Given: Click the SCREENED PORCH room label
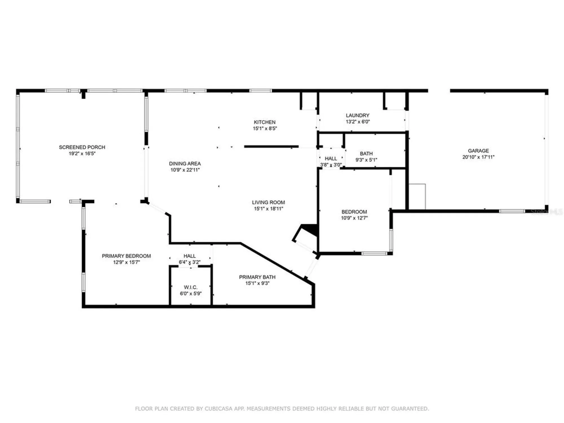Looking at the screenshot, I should (82, 147).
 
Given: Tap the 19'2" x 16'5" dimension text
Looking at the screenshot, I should (82, 154).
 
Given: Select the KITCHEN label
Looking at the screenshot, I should (265, 122).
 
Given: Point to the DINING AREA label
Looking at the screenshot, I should (185, 164).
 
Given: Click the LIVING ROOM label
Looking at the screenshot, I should (268, 202).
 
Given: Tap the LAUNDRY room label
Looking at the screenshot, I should (357, 115).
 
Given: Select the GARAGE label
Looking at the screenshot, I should (478, 151).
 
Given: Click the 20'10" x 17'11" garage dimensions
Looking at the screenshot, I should (478, 157).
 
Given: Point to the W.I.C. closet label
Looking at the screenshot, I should (191, 287).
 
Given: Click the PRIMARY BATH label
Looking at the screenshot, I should (257, 277).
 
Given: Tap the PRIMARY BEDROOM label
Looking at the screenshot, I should (126, 256).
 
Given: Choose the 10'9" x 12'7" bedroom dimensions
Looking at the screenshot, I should (354, 218).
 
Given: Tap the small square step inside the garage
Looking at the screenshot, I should (417, 197).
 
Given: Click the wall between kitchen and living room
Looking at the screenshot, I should (271, 147).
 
